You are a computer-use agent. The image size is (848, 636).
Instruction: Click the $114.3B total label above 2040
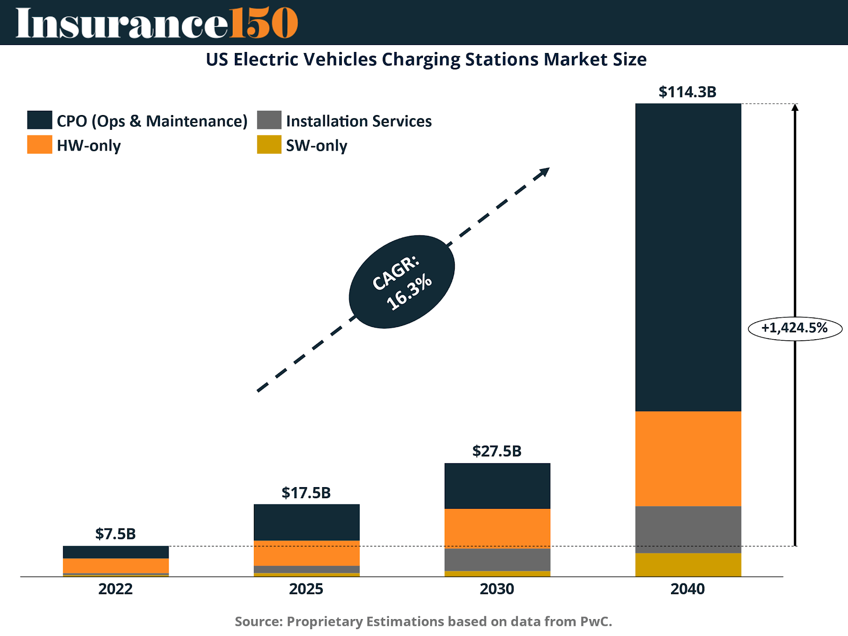click(x=687, y=92)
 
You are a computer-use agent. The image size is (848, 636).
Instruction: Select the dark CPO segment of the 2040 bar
click(x=688, y=257)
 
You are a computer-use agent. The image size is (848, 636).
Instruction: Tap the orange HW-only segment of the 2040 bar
click(x=688, y=458)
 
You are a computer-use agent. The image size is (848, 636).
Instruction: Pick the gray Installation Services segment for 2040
click(x=688, y=529)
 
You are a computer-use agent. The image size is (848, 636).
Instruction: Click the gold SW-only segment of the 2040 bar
click(x=688, y=564)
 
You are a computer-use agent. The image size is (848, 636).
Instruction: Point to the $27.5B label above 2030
click(x=497, y=451)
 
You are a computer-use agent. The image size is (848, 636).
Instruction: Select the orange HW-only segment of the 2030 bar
click(x=497, y=528)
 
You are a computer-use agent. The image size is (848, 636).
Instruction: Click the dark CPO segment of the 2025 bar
click(x=306, y=522)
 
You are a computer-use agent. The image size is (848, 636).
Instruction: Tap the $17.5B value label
click(x=306, y=493)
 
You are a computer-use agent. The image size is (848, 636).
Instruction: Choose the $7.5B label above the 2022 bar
click(x=116, y=534)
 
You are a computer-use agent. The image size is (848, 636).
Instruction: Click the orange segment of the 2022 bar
click(x=116, y=566)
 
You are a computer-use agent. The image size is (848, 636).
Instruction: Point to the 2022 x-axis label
click(x=116, y=589)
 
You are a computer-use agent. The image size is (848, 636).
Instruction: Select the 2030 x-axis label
click(x=497, y=589)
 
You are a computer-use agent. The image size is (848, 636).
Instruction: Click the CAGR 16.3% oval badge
click(x=402, y=282)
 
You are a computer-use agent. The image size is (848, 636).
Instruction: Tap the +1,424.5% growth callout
click(x=794, y=328)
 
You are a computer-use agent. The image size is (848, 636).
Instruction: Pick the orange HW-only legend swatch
click(x=40, y=145)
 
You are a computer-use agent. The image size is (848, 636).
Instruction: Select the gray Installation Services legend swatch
click(x=269, y=120)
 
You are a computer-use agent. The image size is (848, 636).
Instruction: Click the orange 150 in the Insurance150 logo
click(x=263, y=23)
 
